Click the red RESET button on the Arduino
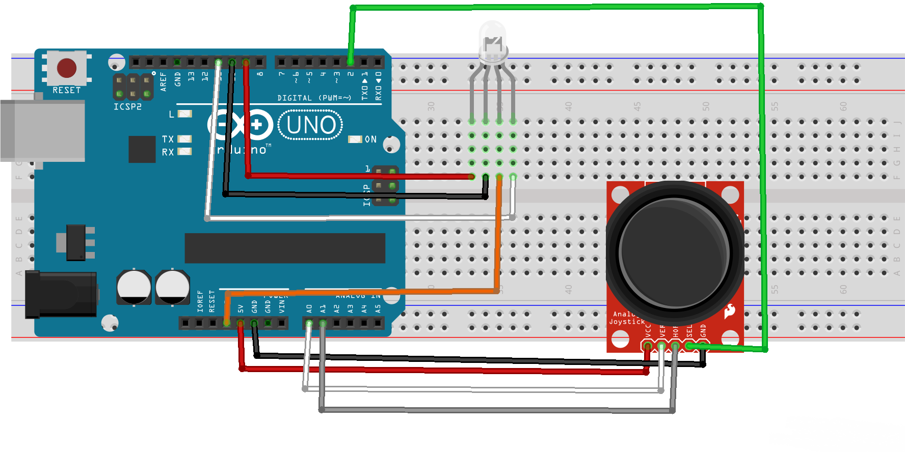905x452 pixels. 67,68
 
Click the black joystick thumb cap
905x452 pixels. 674,252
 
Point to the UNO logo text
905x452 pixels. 310,125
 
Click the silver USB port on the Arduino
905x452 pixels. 43,130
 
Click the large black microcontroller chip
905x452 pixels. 285,248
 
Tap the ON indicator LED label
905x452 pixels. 370,139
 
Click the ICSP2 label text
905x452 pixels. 127,107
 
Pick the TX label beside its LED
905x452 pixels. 168,139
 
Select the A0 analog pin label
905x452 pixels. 309,308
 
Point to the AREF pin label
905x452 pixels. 164,81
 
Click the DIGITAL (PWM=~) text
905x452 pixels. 314,98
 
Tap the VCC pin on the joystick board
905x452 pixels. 648,346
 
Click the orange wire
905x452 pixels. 497,239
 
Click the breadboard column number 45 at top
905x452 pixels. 637,106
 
